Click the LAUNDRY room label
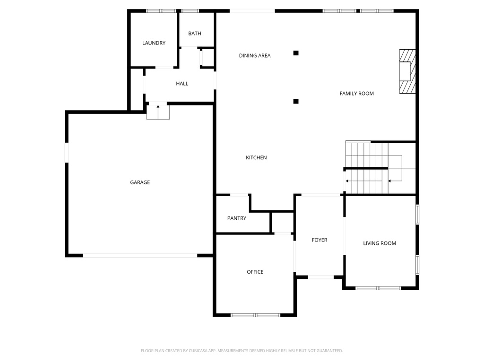(x=154, y=43)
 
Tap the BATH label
(x=194, y=34)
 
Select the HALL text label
(x=182, y=84)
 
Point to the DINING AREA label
(x=255, y=56)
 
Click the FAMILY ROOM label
(x=356, y=94)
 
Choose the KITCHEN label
(x=256, y=158)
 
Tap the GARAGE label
(x=140, y=182)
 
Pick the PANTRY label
(x=236, y=218)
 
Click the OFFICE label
(x=255, y=272)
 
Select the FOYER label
(x=320, y=240)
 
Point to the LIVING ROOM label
(x=379, y=243)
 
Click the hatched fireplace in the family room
(x=406, y=72)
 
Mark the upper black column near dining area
(x=296, y=53)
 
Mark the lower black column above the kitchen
(x=296, y=101)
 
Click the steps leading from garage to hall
(x=158, y=112)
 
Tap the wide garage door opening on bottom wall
(x=140, y=255)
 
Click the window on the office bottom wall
(x=255, y=315)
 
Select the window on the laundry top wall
(x=161, y=11)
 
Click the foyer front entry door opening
(x=320, y=277)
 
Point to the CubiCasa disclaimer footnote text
(x=242, y=351)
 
